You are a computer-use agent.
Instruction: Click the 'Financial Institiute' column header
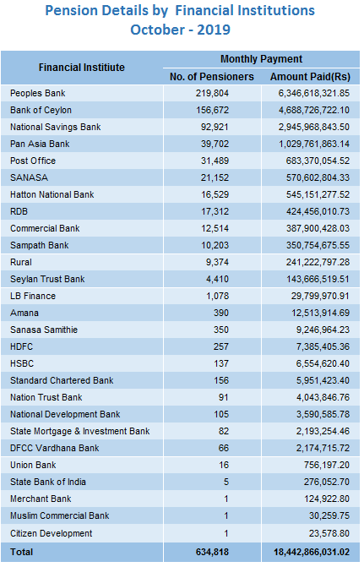click(82, 68)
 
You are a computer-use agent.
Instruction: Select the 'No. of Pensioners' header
click(212, 77)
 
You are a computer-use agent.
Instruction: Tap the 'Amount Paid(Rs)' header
click(310, 77)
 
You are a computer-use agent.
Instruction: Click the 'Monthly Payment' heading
click(261, 59)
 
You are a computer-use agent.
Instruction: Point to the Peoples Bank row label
click(38, 93)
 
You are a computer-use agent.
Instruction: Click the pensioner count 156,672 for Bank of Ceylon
click(213, 111)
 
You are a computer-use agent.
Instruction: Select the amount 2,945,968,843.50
click(314, 128)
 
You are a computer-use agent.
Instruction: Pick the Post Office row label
click(33, 161)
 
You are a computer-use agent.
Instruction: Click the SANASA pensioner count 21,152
click(215, 178)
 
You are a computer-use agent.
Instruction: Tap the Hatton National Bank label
click(52, 195)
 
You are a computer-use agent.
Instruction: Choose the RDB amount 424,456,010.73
click(318, 211)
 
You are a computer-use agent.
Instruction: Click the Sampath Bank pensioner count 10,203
click(215, 246)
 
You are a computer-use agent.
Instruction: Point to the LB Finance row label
click(33, 296)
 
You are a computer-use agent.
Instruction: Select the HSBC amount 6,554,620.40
click(323, 364)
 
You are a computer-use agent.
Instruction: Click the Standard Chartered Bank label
click(62, 381)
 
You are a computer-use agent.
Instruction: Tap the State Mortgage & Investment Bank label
click(80, 432)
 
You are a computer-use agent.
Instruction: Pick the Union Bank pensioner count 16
click(224, 465)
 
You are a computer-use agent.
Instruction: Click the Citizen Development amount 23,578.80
click(329, 534)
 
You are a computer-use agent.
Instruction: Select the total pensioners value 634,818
click(212, 552)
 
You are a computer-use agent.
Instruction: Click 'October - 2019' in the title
click(181, 30)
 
